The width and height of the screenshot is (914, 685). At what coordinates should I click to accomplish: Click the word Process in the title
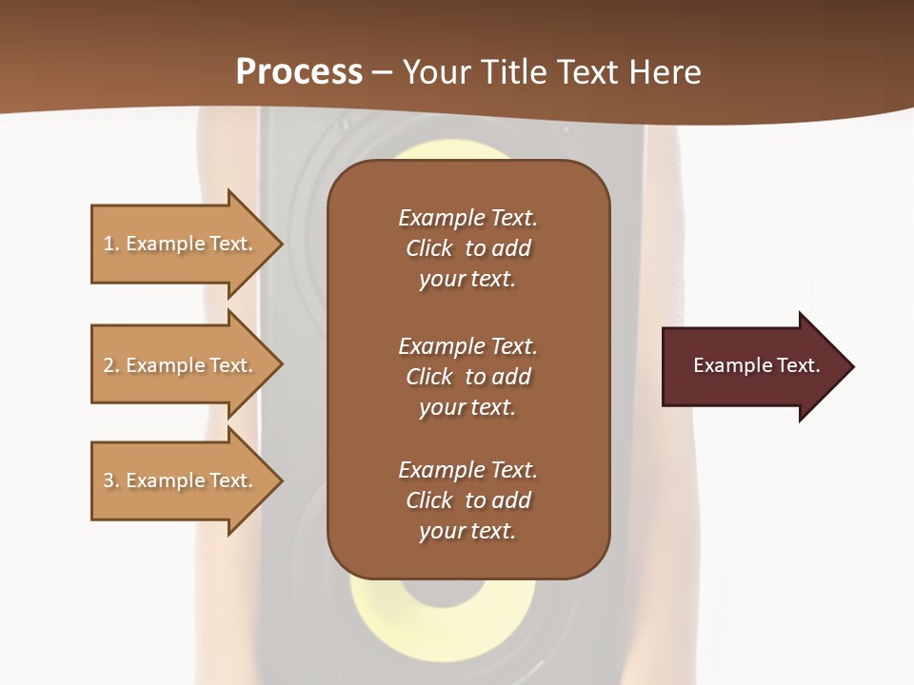(299, 72)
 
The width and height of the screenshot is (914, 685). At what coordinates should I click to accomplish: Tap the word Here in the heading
(664, 72)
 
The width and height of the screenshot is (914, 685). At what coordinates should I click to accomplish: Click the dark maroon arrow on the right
(752, 365)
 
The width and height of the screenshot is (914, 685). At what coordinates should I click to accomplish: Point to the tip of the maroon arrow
(851, 366)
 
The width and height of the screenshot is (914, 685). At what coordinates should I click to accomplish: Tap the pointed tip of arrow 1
(280, 244)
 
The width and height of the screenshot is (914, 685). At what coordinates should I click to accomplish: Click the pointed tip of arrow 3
(280, 480)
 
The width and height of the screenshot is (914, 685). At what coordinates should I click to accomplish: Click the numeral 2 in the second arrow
(109, 365)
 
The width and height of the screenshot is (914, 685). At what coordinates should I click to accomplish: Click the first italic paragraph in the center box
(467, 248)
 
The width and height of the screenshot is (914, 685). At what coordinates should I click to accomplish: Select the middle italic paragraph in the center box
(467, 376)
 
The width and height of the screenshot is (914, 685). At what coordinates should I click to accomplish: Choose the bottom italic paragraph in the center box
(467, 500)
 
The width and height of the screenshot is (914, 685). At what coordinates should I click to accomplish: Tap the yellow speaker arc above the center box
(447, 150)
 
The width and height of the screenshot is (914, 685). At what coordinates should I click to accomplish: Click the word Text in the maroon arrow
(797, 365)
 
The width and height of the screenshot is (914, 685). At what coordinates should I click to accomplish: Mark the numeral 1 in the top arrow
(108, 244)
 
